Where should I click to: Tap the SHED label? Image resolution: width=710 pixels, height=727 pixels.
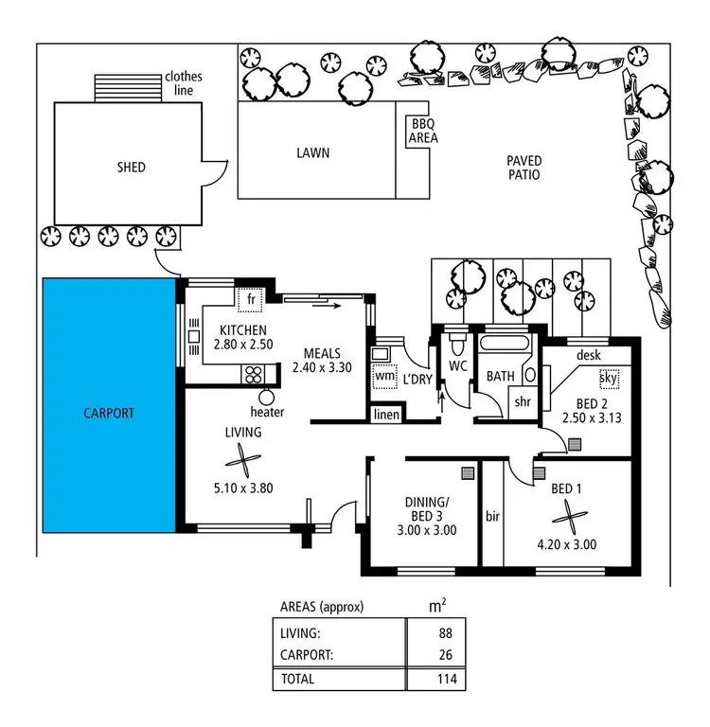pos(132,168)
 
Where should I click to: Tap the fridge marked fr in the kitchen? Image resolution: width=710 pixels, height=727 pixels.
pos(251,299)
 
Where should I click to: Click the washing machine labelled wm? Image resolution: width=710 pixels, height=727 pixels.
pos(384,376)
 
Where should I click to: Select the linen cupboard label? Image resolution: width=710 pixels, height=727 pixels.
pos(386,415)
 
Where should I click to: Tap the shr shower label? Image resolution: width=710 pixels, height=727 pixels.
pos(523,400)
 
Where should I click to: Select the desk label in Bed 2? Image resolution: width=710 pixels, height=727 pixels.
pos(588,355)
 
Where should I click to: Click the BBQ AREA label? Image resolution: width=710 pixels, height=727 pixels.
pos(423,131)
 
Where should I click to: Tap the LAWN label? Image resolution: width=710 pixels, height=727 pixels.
pos(312,152)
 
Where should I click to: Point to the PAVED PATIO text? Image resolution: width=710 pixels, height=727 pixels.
pos(523,168)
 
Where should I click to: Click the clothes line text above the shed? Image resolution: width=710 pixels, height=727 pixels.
pos(184,83)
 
